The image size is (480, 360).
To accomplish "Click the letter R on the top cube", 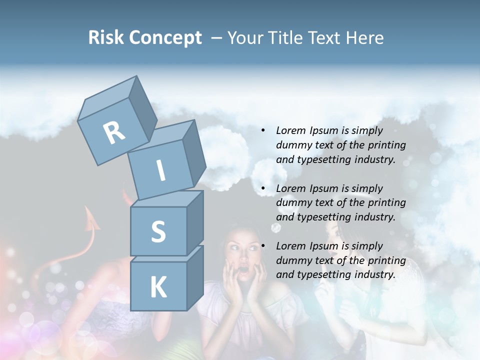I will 114,133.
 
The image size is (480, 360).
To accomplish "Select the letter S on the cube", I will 158,231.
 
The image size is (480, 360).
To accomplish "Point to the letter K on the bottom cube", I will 158,287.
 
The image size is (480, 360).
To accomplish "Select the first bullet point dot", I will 263,131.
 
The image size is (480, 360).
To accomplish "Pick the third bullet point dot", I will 263,246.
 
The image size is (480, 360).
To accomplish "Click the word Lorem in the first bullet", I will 290,130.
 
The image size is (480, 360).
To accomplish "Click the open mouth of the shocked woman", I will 243,271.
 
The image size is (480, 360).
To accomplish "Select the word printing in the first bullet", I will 386,145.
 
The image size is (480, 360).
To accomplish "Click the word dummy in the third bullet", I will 292,260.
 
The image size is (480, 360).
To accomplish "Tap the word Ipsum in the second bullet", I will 323,188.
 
